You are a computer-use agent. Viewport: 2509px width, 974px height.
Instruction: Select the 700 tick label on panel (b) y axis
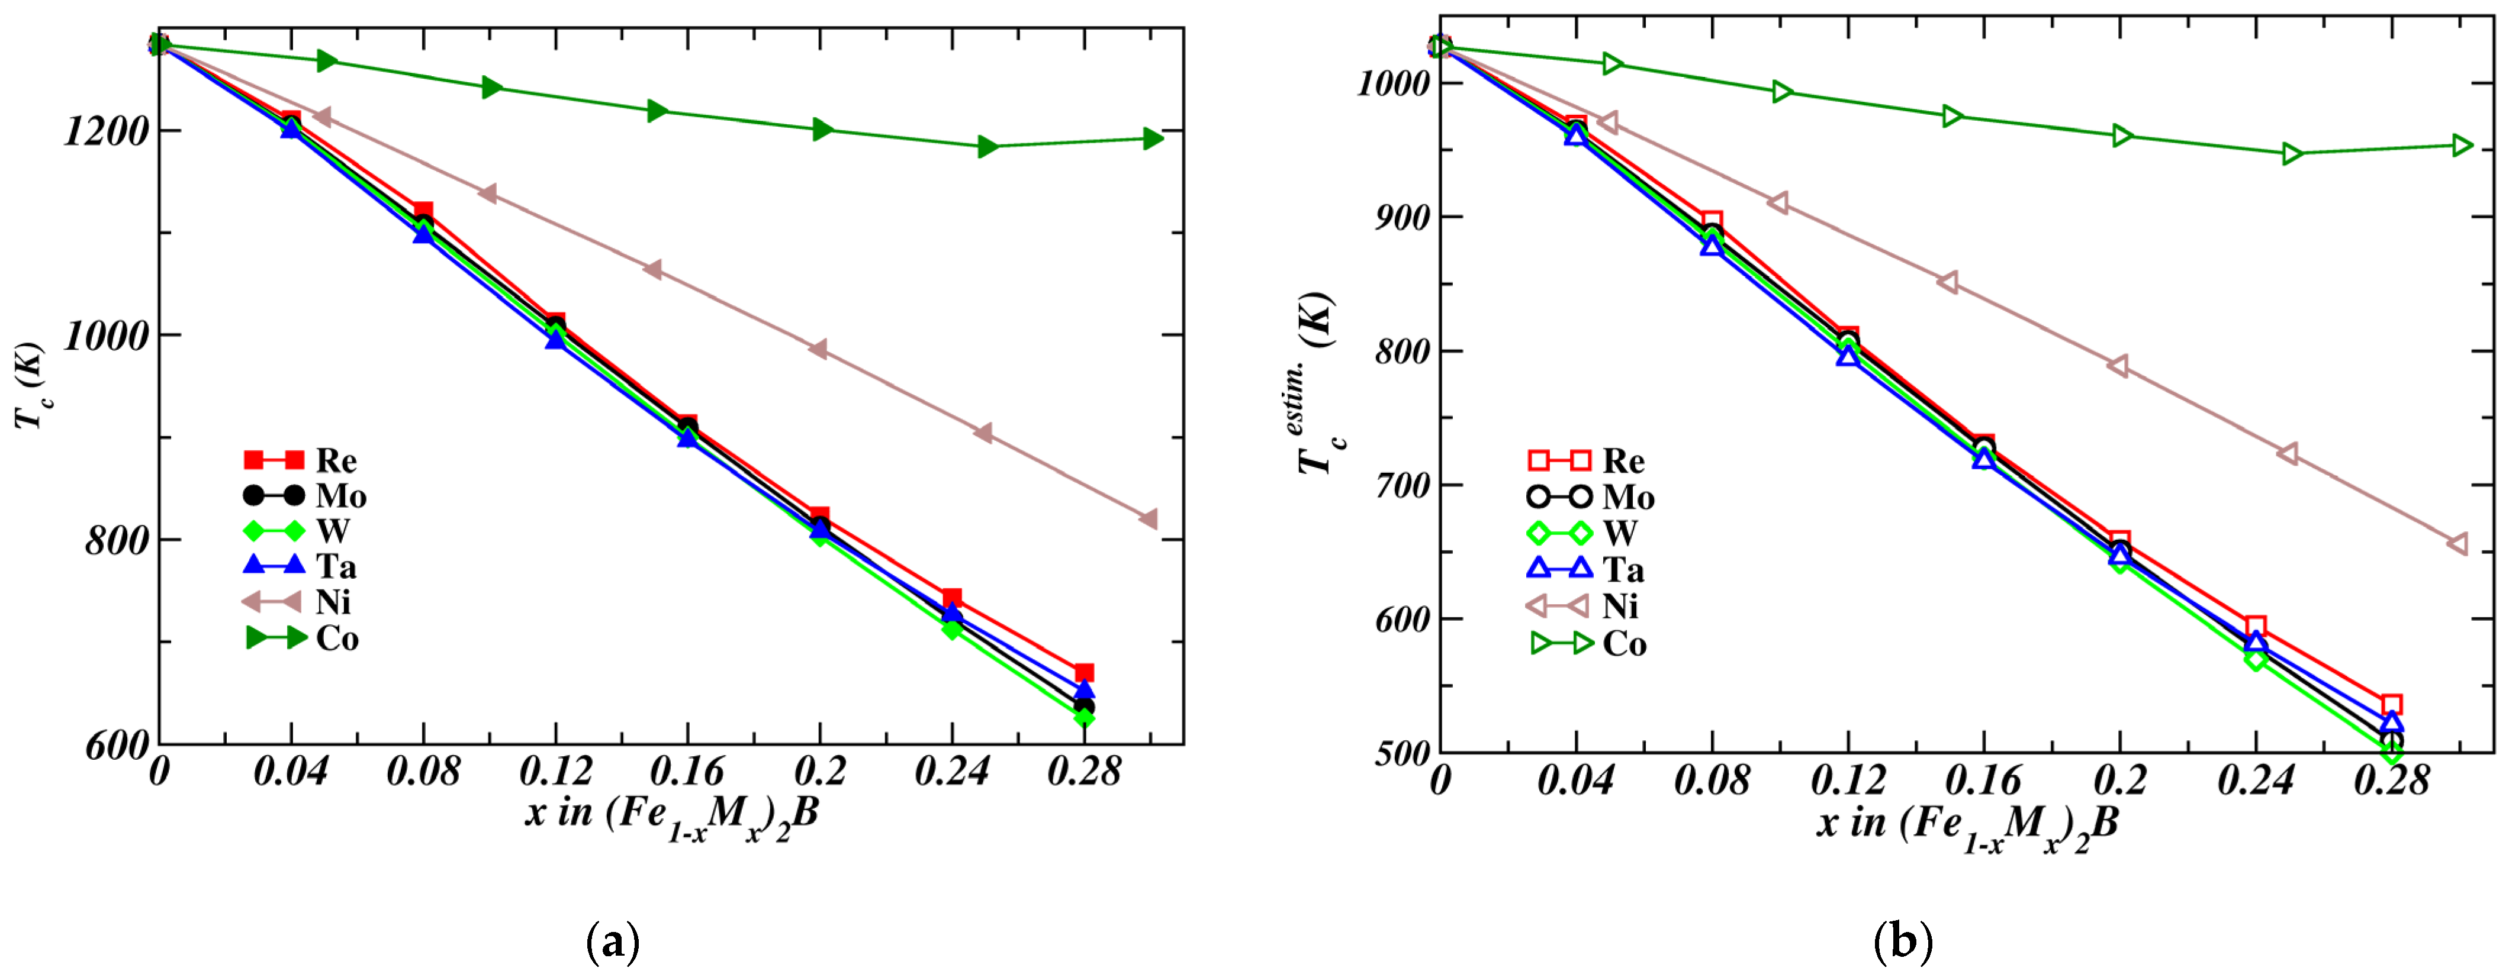pos(1401,486)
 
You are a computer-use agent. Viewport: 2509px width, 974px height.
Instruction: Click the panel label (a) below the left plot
pos(613,942)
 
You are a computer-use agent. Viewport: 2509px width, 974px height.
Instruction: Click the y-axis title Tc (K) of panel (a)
pos(29,385)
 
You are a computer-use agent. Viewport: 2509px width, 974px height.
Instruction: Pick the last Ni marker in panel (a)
pos(1149,519)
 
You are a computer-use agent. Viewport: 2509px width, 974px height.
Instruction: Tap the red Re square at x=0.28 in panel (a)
pos(1084,673)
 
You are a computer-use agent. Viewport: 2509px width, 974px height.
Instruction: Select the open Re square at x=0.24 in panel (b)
pos(2256,626)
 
